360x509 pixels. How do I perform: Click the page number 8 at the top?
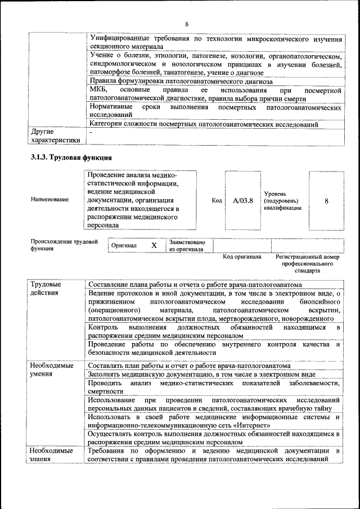click(186, 24)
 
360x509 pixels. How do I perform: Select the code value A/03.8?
click(242, 200)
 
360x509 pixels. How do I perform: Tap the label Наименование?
click(51, 200)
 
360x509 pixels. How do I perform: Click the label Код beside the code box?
click(217, 200)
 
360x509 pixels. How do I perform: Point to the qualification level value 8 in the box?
click(326, 200)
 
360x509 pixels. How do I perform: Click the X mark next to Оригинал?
click(154, 246)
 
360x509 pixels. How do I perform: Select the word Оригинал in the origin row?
click(124, 246)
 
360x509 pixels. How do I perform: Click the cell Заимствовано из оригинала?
click(187, 246)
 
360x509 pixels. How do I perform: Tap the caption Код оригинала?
click(242, 257)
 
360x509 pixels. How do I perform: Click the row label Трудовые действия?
click(46, 289)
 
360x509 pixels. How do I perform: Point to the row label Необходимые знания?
click(52, 455)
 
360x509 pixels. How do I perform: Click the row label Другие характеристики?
click(56, 136)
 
